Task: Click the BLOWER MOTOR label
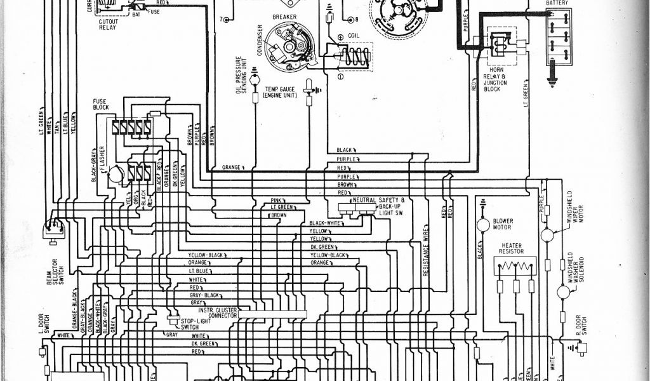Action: (503, 224)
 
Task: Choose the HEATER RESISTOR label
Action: (512, 248)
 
